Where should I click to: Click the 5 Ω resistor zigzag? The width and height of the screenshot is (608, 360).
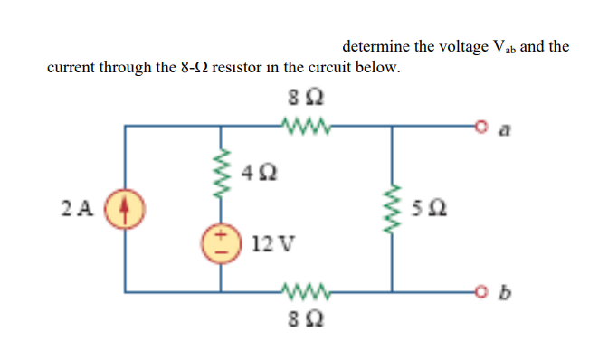[x=391, y=208]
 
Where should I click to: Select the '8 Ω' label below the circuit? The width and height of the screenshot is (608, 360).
[x=301, y=319]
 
